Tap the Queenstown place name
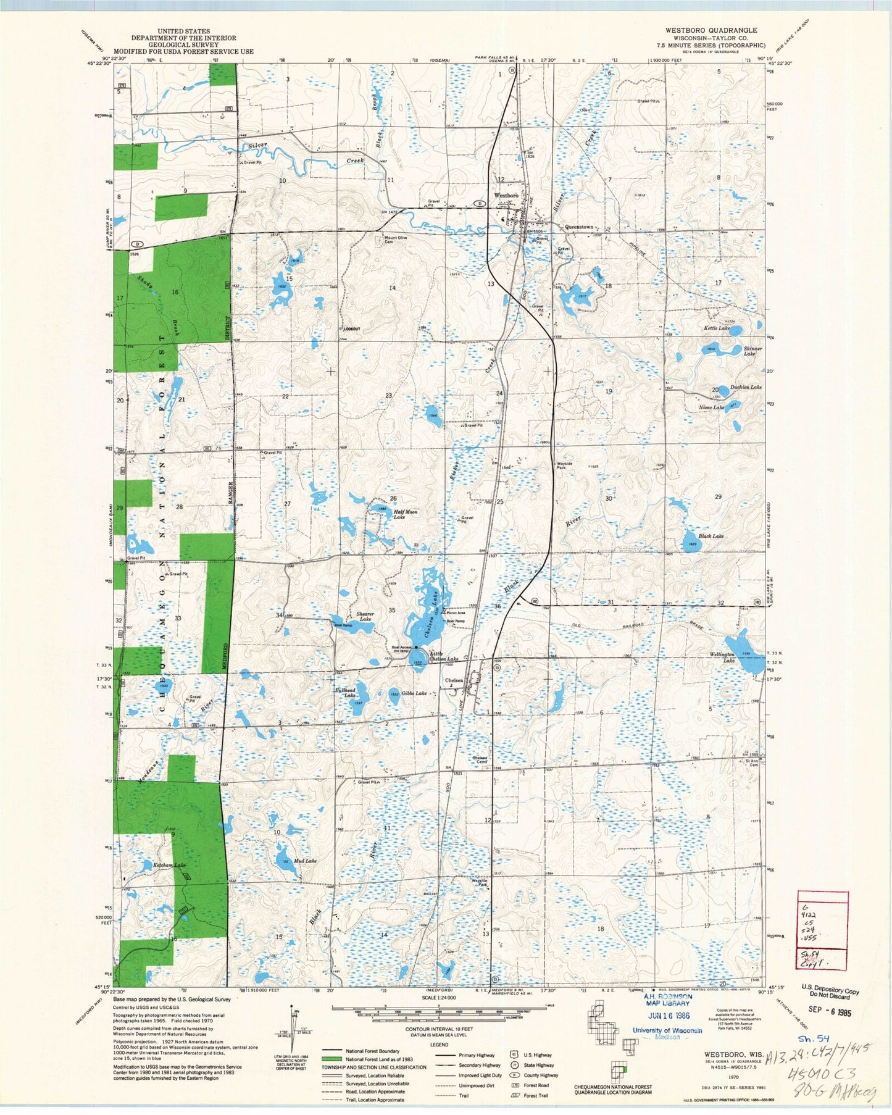pos(578,227)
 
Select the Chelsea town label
pos(454,680)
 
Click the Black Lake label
pos(711,537)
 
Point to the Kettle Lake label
pos(717,328)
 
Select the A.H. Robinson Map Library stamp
pos(667,1001)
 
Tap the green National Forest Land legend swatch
pos(331,1059)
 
